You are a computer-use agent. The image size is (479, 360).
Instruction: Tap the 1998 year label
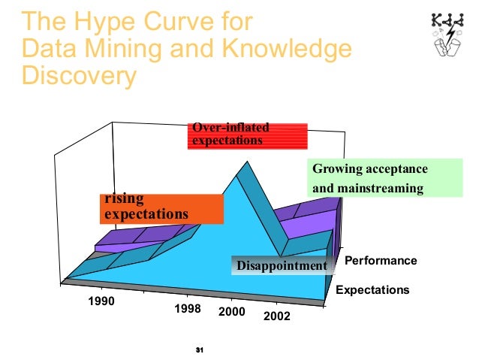click(x=187, y=308)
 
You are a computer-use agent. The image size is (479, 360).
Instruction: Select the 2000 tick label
click(x=231, y=312)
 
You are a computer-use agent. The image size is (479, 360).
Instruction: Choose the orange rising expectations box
click(x=161, y=208)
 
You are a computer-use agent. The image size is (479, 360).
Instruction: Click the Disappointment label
click(x=282, y=265)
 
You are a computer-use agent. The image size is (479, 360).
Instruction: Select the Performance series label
click(x=381, y=261)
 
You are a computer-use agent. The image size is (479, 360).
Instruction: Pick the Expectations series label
click(x=372, y=289)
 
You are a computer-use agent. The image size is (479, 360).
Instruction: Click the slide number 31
click(x=200, y=350)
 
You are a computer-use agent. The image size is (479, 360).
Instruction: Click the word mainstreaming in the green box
click(x=379, y=188)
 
